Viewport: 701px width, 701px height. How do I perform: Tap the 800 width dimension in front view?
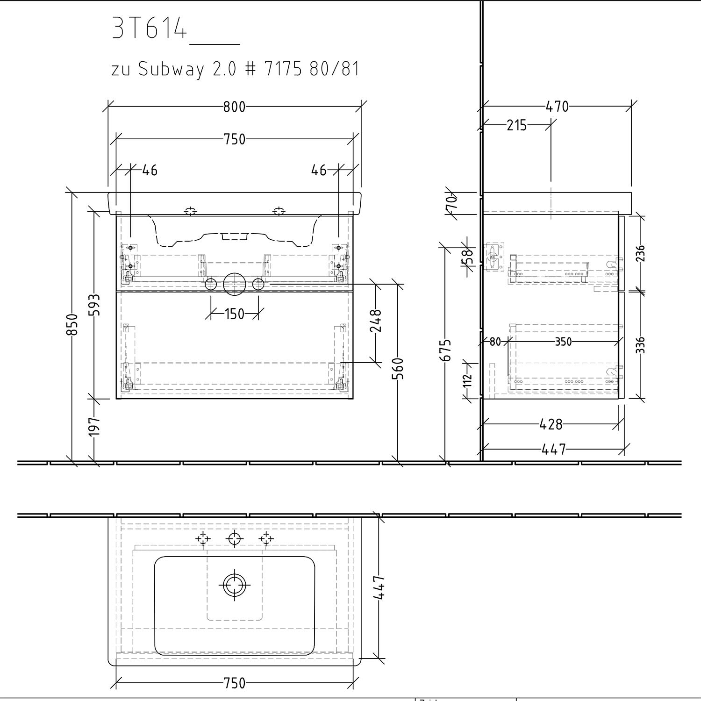point(234,107)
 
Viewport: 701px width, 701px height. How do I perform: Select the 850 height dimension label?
point(72,324)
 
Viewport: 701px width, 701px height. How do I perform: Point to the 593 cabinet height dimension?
point(94,305)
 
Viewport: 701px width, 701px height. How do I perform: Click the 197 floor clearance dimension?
point(94,426)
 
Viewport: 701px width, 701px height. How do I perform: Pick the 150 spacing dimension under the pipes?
point(234,314)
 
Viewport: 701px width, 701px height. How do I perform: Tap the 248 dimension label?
point(376,321)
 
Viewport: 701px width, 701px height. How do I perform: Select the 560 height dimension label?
point(398,369)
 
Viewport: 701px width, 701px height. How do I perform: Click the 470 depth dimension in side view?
point(557,107)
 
